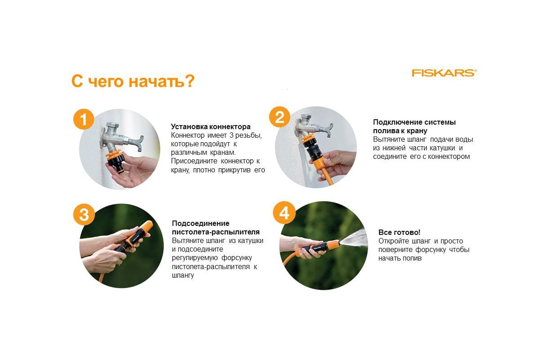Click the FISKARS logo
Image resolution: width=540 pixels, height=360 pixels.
coord(444,73)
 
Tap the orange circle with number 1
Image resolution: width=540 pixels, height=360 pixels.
coord(83,119)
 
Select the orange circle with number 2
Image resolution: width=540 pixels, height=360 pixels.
coord(279,117)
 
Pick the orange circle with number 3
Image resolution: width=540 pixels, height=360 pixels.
coord(84,214)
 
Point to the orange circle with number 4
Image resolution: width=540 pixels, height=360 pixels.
coord(284,212)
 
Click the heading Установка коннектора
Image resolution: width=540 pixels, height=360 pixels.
coord(211,126)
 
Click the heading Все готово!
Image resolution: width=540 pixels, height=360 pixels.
coord(399,232)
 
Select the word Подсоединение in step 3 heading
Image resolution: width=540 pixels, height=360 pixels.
coord(201,223)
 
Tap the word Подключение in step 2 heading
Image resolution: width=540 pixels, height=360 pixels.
coord(398,122)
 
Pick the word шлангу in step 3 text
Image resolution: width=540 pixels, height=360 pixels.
coord(183,275)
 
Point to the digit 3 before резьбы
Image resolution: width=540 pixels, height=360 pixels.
coord(231,135)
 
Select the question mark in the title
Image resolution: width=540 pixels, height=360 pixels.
coord(190,81)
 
